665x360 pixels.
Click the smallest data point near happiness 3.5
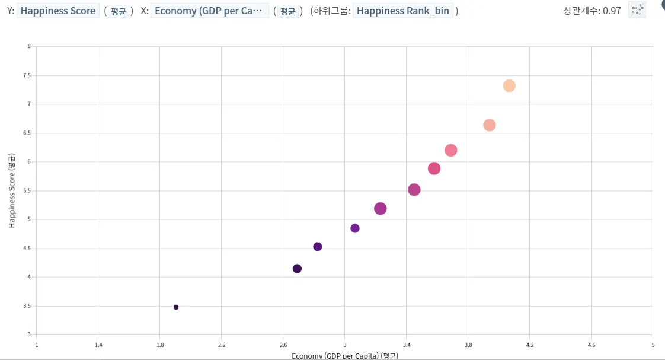[176, 307]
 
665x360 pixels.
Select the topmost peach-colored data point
[509, 86]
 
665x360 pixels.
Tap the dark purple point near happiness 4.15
[297, 269]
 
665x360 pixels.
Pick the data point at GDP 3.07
[355, 228]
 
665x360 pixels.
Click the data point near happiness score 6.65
[490, 125]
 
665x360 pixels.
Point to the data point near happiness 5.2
[381, 209]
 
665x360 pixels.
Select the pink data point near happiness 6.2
[450, 151]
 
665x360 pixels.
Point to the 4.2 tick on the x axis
[530, 345]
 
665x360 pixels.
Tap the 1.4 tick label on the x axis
[98, 345]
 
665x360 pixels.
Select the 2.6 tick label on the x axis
[283, 345]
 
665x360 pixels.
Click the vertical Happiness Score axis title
[11, 190]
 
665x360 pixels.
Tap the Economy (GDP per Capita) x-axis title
[344, 356]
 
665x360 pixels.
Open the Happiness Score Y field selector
[58, 11]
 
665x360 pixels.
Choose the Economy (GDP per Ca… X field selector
[209, 11]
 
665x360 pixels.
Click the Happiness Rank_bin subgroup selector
[403, 11]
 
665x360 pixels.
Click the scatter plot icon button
[637, 9]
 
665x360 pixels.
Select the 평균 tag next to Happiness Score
[119, 11]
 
